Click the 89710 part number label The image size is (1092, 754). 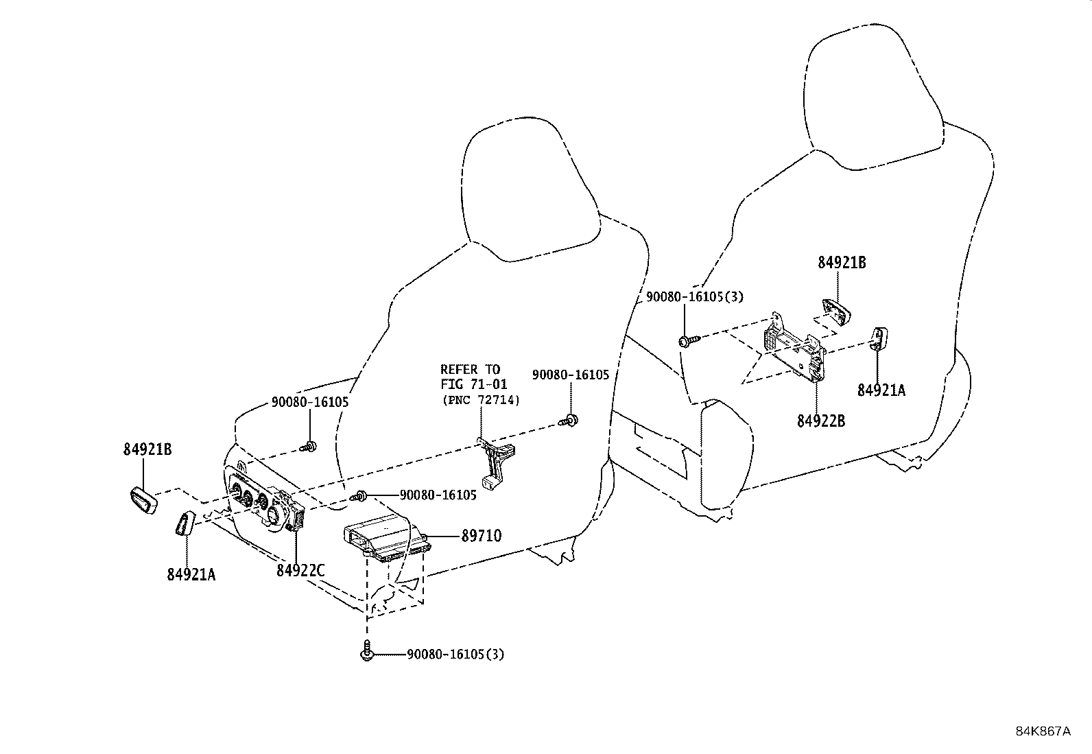[481, 536]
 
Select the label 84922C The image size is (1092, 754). [300, 570]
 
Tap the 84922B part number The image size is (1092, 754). [821, 421]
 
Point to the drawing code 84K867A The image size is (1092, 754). [1043, 731]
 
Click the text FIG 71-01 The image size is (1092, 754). [474, 385]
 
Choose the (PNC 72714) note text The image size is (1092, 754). [480, 400]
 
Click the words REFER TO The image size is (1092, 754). [471, 370]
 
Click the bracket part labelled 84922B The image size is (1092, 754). [796, 349]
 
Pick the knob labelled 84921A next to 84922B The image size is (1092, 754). [879, 338]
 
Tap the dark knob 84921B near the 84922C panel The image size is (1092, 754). [144, 499]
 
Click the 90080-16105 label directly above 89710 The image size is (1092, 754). [438, 495]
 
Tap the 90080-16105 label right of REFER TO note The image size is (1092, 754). [571, 375]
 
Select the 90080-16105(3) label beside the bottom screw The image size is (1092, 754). [455, 655]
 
